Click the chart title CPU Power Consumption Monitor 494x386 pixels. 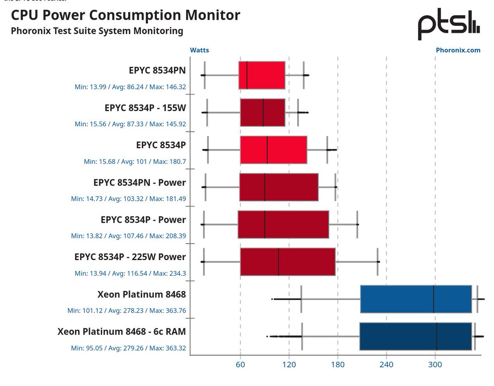[x=126, y=15]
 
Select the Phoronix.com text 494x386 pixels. [x=458, y=50]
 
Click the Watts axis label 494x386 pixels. [x=199, y=50]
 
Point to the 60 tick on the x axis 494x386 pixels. [x=240, y=365]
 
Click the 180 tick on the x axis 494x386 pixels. [x=338, y=365]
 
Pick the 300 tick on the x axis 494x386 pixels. [x=435, y=365]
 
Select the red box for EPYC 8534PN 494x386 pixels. [x=262, y=75]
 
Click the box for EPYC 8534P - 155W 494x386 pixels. [x=263, y=112]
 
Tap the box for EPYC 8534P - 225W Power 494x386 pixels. [x=288, y=262]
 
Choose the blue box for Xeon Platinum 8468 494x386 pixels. [x=416, y=299]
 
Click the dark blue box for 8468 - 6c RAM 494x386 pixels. [x=415, y=336]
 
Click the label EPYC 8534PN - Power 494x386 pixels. [x=140, y=182]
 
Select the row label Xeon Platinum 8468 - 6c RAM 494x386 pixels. [x=122, y=331]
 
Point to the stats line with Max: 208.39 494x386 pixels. [x=128, y=236]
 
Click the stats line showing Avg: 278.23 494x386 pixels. [x=127, y=311]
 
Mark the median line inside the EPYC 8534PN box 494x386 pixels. [x=247, y=75]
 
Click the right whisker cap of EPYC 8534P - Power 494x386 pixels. [x=357, y=224]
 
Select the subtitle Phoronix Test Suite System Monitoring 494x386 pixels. [x=97, y=31]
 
